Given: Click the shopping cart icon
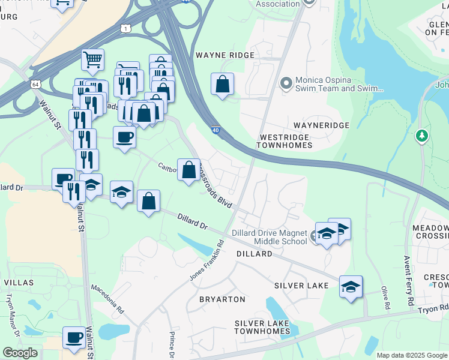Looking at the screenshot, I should (92, 59).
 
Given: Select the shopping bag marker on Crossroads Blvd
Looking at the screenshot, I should (188, 169).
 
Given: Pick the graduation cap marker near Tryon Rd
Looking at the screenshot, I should (351, 287).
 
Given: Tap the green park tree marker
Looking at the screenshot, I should (423, 136).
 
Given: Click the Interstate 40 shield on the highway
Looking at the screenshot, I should (215, 130).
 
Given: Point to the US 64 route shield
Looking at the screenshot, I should (37, 85).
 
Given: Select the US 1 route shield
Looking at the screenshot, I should (125, 28).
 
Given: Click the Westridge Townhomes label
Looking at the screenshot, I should (285, 141).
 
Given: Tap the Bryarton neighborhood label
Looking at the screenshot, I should (222, 299).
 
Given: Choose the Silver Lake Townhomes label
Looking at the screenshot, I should (262, 327).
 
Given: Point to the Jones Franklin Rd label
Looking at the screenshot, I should (206, 260).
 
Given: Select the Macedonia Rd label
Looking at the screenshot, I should (107, 299).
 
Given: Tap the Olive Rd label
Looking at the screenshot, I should (384, 298).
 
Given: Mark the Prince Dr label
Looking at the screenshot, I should (171, 345).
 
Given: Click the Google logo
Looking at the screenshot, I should (20, 353).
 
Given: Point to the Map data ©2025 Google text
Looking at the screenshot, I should (411, 355).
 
